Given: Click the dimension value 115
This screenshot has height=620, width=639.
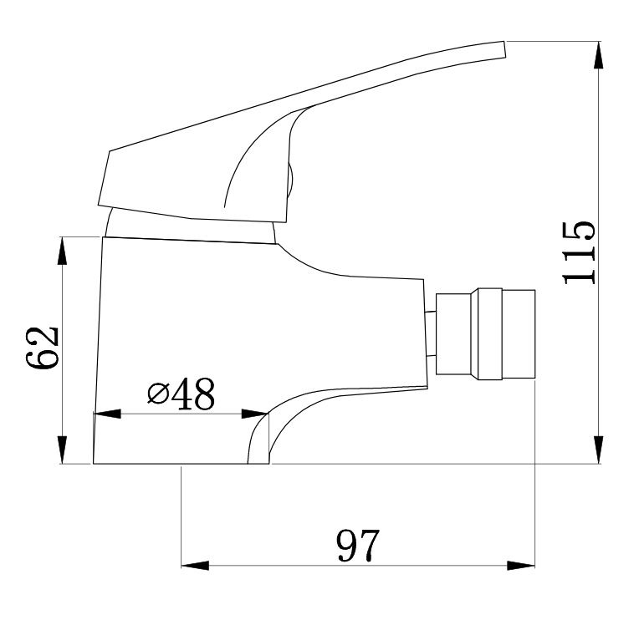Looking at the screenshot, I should pos(579,253).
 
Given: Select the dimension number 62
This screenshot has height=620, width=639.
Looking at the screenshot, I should pos(42,347).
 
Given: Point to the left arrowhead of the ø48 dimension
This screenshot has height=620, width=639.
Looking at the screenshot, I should pos(107,414).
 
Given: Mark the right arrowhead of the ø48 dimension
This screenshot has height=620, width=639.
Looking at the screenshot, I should pos(254,414).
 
